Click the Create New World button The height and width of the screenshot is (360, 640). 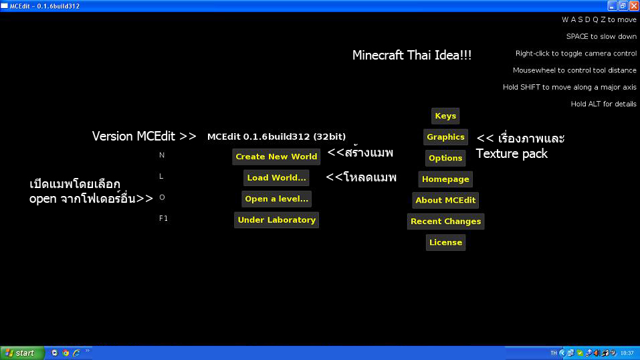click(276, 157)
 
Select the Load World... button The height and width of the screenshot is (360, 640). click(276, 178)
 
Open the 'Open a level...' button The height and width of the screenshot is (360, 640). click(276, 199)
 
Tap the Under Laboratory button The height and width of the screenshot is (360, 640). click(276, 220)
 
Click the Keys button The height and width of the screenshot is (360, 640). click(445, 116)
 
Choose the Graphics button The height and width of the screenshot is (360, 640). click(445, 137)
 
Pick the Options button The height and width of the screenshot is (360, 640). click(445, 158)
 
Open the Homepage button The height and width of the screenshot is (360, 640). click(445, 179)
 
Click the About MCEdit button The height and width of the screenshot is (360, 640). click(445, 200)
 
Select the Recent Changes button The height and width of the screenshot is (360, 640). click(445, 221)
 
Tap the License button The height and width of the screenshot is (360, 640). click(445, 242)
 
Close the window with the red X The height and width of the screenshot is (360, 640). click(633, 5)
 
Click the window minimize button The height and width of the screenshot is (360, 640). click(612, 5)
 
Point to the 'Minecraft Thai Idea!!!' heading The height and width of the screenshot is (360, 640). click(412, 56)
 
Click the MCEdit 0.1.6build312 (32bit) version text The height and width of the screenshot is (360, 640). click(276, 137)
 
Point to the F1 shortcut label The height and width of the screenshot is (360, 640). click(163, 218)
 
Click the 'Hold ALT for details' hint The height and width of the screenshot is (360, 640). click(603, 104)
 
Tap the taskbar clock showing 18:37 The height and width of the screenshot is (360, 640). click(627, 353)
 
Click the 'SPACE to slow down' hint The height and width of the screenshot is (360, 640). click(601, 37)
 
